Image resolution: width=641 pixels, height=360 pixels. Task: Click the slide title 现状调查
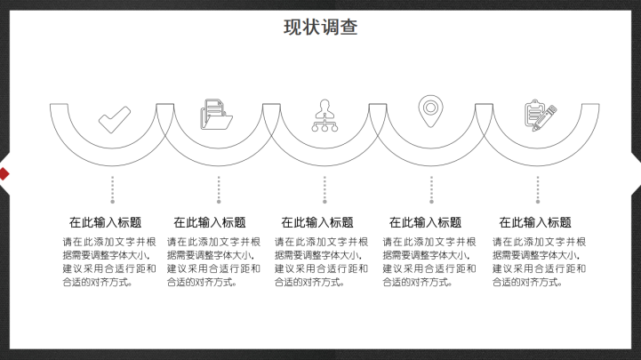coord(320,28)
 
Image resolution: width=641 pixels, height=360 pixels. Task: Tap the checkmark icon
coord(115,120)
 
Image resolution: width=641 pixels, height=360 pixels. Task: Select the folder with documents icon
coord(216,115)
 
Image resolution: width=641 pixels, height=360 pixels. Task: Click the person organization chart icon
coord(325,116)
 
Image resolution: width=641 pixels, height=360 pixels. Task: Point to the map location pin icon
coord(430,111)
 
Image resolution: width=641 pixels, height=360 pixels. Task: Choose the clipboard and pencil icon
coord(541,116)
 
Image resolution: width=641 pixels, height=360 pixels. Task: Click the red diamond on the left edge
coord(4,173)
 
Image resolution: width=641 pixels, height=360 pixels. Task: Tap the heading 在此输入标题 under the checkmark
coord(105,223)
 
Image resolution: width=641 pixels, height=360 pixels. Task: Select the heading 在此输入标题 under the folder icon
coord(210,223)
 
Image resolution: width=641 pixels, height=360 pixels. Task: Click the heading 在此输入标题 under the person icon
coord(317,223)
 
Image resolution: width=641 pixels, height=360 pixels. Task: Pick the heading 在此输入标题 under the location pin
coord(425,223)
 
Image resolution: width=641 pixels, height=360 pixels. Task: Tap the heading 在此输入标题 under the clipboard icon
coord(535,223)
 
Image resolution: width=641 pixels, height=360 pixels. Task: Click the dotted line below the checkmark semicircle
coord(112,190)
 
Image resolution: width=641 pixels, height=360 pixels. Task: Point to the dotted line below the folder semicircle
coord(219,190)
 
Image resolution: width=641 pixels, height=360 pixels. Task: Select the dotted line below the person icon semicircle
coord(325,190)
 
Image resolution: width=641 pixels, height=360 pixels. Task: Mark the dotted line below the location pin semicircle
coord(431,190)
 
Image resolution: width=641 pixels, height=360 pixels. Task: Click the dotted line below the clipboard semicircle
coord(538,190)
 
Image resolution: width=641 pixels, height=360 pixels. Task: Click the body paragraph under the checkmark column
coord(109,262)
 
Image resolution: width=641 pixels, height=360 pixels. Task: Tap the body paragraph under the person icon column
coord(321,262)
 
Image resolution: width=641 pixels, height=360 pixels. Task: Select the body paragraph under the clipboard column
coord(540,262)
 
